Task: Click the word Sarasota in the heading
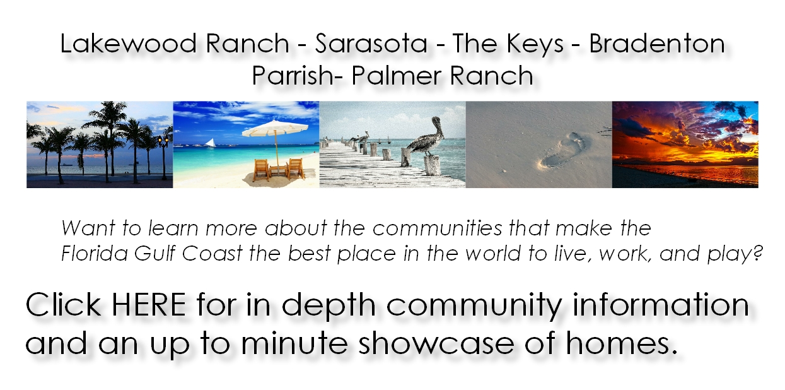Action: (371, 44)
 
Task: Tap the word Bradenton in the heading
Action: (657, 44)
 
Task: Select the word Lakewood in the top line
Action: (128, 44)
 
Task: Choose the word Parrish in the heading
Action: (293, 75)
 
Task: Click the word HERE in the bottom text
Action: (149, 304)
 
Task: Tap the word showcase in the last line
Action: (436, 343)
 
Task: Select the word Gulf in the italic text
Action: (154, 253)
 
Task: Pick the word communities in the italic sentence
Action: (438, 228)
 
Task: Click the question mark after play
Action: (757, 253)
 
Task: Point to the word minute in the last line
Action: (294, 343)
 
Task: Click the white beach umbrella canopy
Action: (275, 128)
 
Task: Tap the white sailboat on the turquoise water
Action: (210, 143)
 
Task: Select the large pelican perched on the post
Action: (426, 137)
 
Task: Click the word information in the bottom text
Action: (661, 304)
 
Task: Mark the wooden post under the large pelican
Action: (432, 165)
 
